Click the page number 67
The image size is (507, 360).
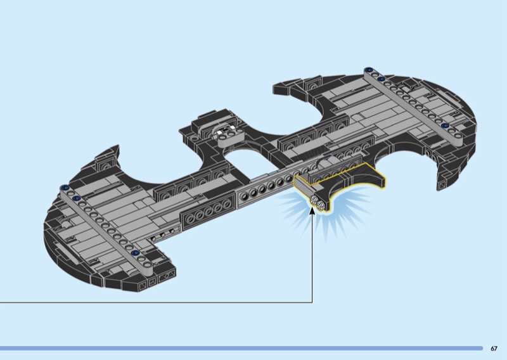tap(494, 349)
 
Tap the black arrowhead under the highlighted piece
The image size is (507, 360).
tap(312, 211)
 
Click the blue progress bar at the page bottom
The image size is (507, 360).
tap(241, 349)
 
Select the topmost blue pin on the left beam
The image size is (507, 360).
tap(66, 188)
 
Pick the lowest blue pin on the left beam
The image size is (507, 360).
tap(136, 253)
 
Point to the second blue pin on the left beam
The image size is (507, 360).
tap(77, 198)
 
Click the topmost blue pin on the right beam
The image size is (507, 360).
tap(368, 70)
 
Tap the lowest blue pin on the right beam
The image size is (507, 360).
tap(446, 126)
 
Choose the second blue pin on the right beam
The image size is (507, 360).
tap(382, 79)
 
